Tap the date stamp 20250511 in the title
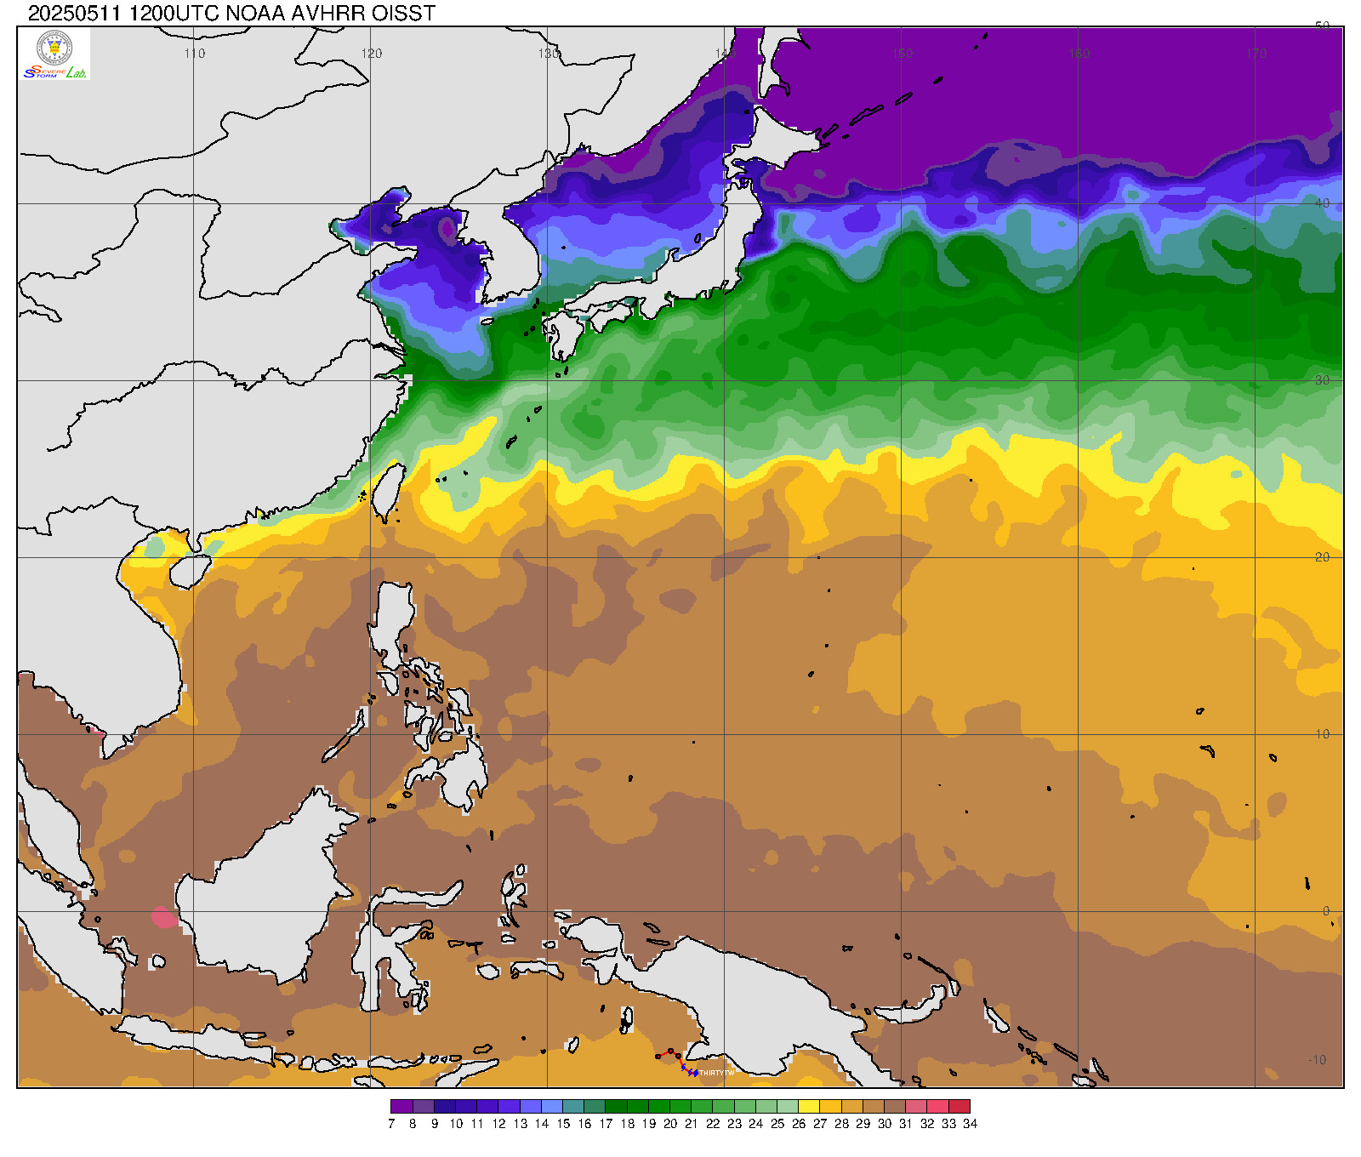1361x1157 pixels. click(x=75, y=13)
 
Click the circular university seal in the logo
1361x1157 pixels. click(x=55, y=48)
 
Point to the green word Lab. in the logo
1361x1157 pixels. click(x=77, y=73)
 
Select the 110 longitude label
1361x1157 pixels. click(x=195, y=54)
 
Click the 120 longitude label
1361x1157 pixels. click(x=372, y=54)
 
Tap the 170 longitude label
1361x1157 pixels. click(x=1256, y=54)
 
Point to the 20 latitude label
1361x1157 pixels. click(x=1322, y=557)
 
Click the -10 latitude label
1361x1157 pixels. click(x=1317, y=1060)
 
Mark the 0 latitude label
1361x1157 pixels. click(x=1325, y=911)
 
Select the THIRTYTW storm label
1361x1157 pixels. click(x=716, y=1073)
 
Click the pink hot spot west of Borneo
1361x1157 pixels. click(x=163, y=917)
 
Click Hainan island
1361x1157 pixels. click(x=188, y=572)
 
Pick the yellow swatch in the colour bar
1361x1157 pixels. click(x=809, y=1107)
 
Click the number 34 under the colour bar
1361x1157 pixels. click(x=970, y=1124)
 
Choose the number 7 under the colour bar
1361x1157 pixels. click(x=391, y=1124)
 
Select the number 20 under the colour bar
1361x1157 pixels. click(x=670, y=1124)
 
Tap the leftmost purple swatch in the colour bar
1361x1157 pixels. click(x=401, y=1107)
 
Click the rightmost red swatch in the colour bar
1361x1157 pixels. click(x=960, y=1107)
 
